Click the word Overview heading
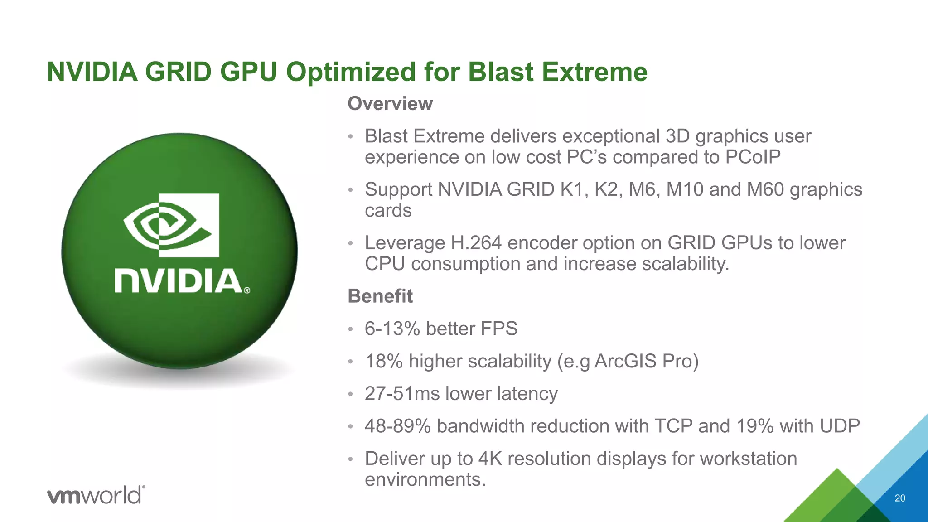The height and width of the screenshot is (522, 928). coord(390,104)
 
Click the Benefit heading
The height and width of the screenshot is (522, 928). coord(380,296)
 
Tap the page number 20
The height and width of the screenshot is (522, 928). coord(900,498)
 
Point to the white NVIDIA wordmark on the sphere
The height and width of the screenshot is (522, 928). coord(179,281)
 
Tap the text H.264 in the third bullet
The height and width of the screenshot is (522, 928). coord(476,243)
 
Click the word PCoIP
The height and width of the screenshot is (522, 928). coord(753,157)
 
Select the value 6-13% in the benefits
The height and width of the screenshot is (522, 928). coord(392,329)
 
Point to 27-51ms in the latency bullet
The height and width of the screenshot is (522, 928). coord(402,394)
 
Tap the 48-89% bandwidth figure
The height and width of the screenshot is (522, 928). coord(397,426)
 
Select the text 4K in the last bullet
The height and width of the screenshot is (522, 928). coord(490,459)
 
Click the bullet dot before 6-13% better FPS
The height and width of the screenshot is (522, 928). coord(350,329)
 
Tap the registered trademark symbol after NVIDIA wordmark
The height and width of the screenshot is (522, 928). coord(247,290)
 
